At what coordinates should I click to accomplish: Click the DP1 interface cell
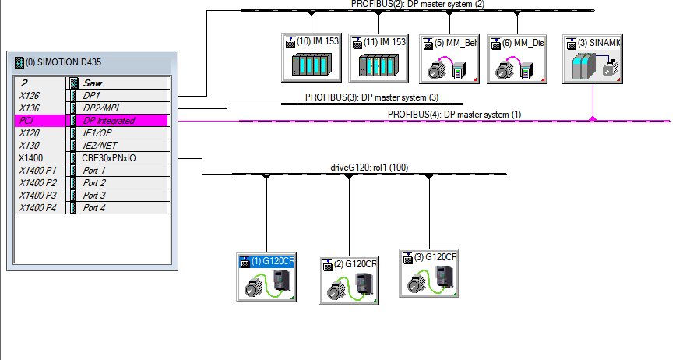click(x=125, y=95)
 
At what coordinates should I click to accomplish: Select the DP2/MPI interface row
click(x=125, y=108)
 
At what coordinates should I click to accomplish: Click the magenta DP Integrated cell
click(x=125, y=121)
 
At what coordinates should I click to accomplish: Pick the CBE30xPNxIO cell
click(x=125, y=157)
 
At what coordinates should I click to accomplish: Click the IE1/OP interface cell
click(x=125, y=133)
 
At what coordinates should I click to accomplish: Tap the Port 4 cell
click(x=125, y=208)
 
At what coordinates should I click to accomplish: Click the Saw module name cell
click(x=125, y=83)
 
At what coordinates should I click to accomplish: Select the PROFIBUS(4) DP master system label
click(x=454, y=115)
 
